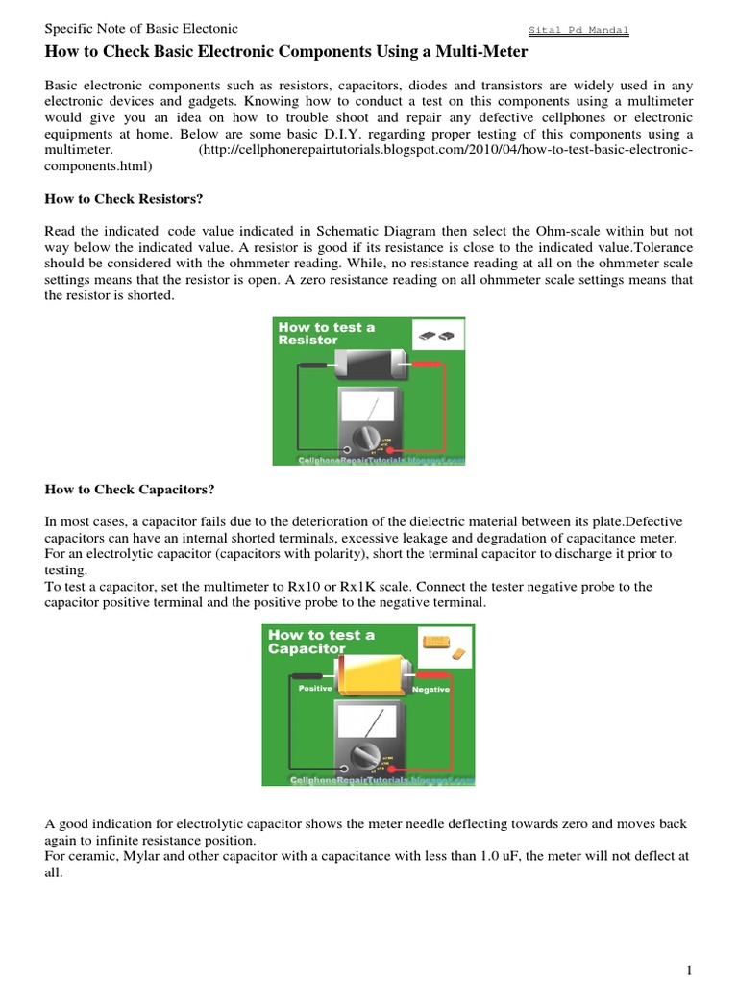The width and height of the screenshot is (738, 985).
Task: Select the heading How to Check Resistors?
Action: tap(124, 198)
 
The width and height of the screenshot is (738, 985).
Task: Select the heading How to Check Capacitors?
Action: tap(130, 490)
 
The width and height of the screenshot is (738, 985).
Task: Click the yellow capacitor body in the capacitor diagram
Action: tap(374, 677)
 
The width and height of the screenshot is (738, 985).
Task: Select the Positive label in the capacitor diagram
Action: tap(314, 689)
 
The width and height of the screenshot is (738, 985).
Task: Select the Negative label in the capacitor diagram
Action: tap(430, 691)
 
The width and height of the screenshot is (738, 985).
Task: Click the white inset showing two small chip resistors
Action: tap(437, 334)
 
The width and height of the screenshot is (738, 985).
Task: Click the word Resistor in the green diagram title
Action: tap(307, 341)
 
